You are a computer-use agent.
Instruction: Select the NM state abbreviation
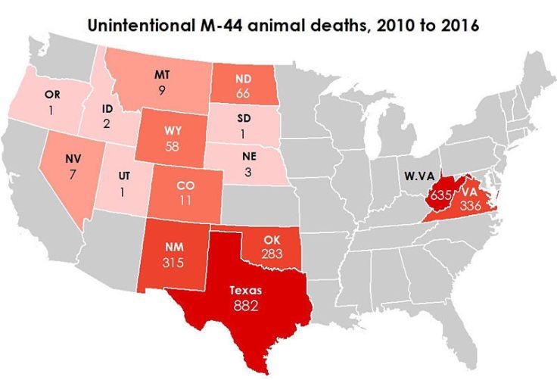[x=173, y=247]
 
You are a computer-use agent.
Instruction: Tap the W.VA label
[x=418, y=176]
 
